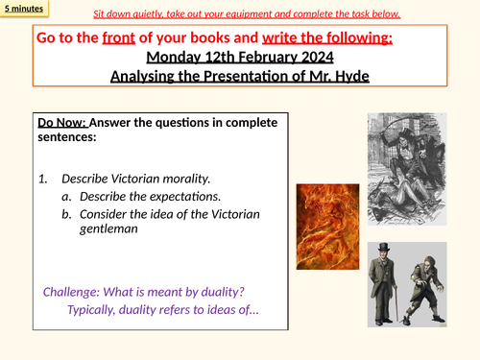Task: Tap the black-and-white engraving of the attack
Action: click(411, 169)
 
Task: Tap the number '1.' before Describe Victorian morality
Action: click(42, 179)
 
